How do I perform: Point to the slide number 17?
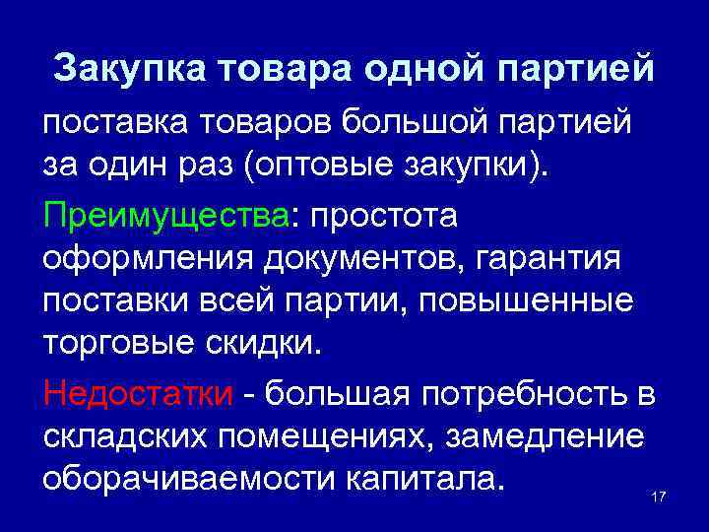coord(659,496)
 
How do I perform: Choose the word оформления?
coord(147,259)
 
